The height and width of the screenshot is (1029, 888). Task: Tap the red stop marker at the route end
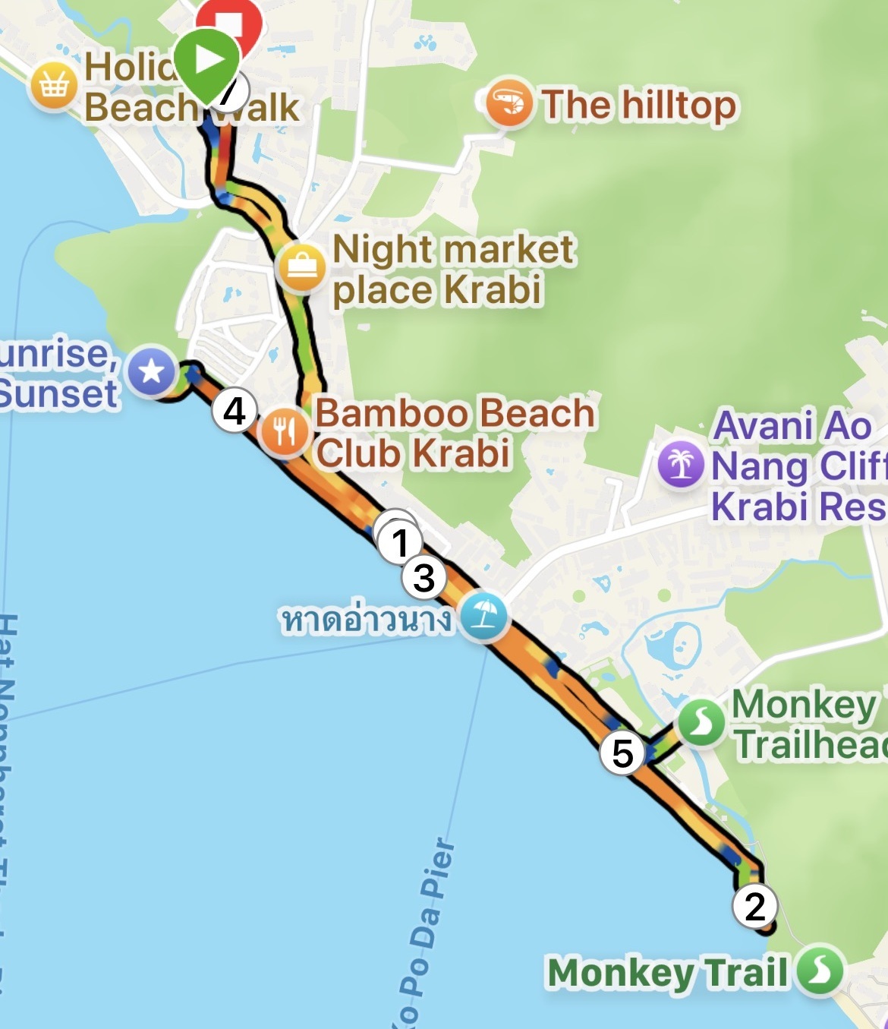(229, 21)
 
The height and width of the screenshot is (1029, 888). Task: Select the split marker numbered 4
(235, 412)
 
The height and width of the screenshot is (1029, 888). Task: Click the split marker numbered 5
(622, 753)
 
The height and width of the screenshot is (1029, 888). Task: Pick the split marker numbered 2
(754, 906)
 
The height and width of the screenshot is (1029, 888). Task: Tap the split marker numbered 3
(424, 577)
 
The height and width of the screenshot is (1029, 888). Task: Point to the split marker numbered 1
(399, 541)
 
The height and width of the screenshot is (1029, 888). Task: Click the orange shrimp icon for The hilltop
(507, 103)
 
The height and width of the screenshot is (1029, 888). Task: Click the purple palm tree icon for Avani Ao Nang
(681, 463)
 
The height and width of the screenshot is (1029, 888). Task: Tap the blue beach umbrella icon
(483, 616)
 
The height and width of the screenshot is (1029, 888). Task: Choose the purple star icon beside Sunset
(152, 372)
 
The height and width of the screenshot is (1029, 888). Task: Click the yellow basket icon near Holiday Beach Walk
(54, 86)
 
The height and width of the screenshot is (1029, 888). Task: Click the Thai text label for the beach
(367, 619)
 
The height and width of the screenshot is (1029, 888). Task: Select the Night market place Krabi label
(453, 270)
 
